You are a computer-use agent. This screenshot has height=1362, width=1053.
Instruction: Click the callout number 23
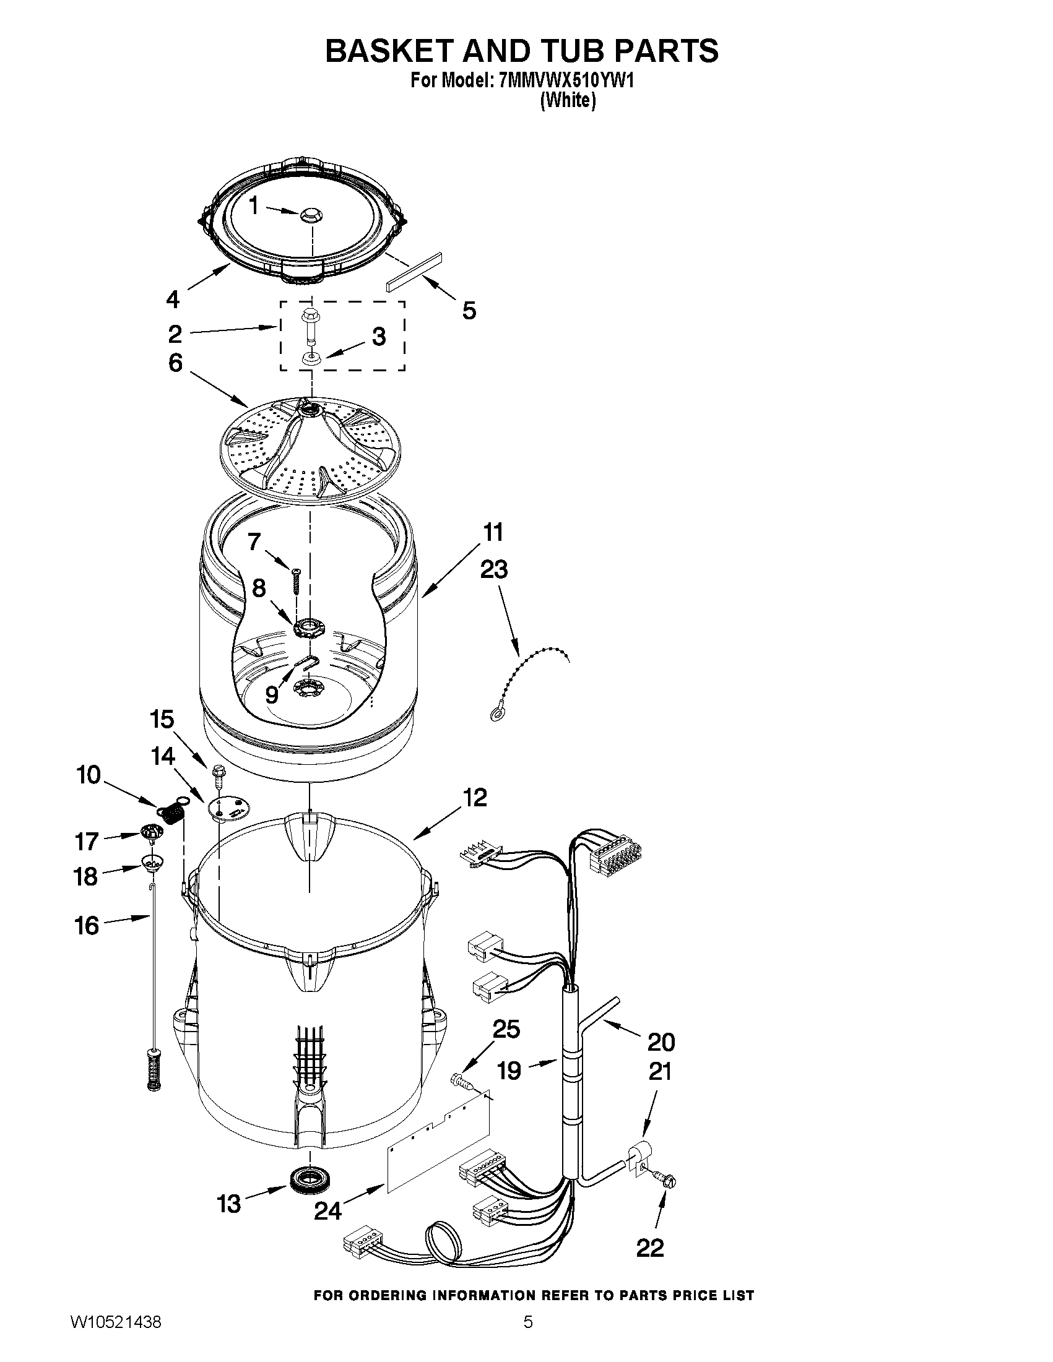(493, 569)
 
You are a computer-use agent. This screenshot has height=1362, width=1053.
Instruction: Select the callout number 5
(469, 310)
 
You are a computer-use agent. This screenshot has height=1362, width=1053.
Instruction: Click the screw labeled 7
(296, 580)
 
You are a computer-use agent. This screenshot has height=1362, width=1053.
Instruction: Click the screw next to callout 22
(665, 1179)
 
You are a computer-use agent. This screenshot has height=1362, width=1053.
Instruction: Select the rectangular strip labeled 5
(413, 272)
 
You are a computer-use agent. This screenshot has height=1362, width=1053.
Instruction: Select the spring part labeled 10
(171, 812)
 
